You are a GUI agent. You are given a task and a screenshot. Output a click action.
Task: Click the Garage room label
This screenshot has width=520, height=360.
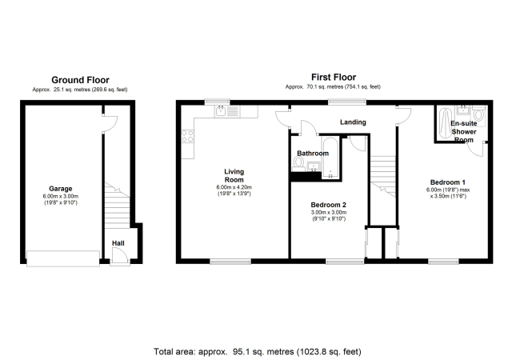tap(60, 189)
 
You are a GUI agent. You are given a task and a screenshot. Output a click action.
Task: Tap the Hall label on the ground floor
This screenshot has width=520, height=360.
tap(118, 243)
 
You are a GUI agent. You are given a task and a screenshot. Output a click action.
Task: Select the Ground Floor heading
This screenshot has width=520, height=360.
tap(80, 80)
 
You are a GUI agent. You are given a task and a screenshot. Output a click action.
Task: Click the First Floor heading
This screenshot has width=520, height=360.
tap(334, 78)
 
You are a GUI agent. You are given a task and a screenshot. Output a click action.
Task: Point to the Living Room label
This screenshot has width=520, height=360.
tap(234, 176)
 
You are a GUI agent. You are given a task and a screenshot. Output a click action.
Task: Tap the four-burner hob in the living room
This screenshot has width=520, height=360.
tap(187, 136)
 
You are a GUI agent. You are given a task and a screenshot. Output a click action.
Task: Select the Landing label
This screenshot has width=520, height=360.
tap(353, 122)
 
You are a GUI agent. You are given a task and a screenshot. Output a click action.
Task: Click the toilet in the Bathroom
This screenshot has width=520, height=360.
tap(298, 164)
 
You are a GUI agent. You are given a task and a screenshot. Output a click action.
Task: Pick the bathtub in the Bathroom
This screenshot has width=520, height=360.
tap(330, 158)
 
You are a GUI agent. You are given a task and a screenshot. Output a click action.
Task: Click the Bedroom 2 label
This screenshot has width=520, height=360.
tap(328, 205)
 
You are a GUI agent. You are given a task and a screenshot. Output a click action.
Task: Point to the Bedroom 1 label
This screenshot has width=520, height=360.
tap(448, 182)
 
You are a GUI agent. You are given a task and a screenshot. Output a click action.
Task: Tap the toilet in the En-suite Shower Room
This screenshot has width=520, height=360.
tap(478, 114)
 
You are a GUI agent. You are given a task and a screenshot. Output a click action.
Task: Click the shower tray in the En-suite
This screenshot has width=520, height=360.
tap(445, 122)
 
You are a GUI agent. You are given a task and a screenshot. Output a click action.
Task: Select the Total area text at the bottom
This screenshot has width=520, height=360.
tap(258, 351)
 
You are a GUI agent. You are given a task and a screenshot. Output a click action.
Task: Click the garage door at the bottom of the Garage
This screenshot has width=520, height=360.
tap(63, 258)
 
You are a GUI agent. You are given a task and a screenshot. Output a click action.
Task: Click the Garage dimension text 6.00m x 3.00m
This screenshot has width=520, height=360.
tap(61, 196)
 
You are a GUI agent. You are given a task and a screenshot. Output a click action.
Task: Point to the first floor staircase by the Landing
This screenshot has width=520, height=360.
tap(382, 176)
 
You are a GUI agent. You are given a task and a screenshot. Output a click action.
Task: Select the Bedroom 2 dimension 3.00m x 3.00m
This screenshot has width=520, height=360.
tap(329, 213)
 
